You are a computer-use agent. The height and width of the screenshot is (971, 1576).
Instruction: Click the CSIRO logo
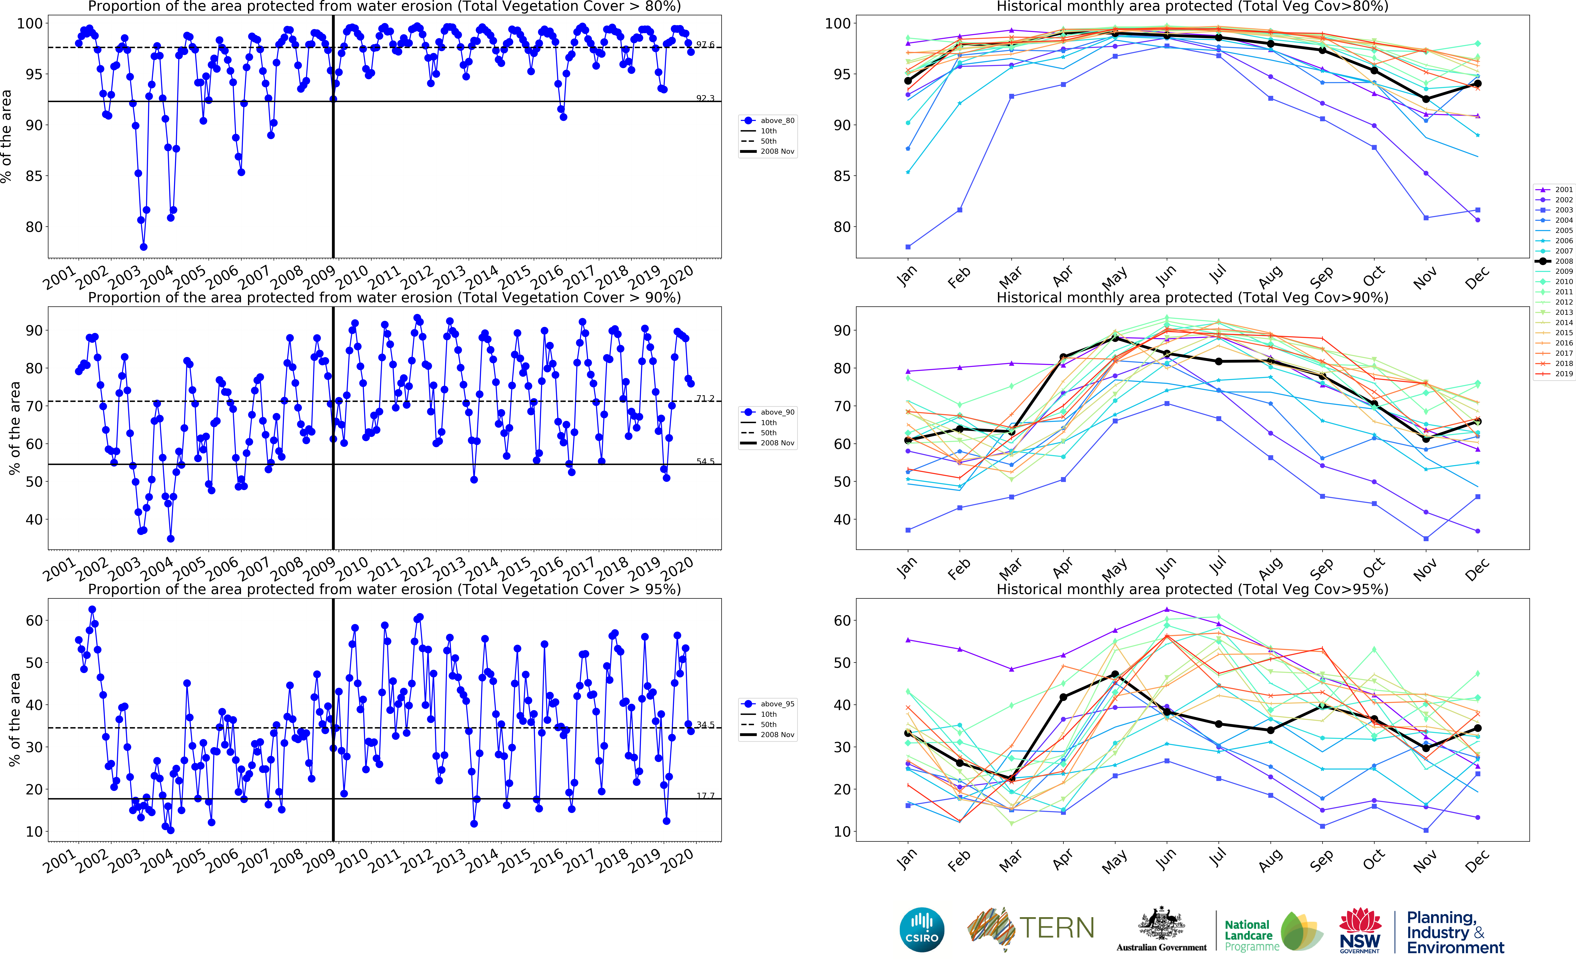pos(922,930)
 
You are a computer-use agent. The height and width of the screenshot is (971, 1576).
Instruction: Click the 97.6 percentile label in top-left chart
pos(705,44)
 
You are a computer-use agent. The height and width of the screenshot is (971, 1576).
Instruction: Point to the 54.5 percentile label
pos(705,461)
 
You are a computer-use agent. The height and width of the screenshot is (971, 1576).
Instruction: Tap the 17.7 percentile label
pos(705,796)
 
